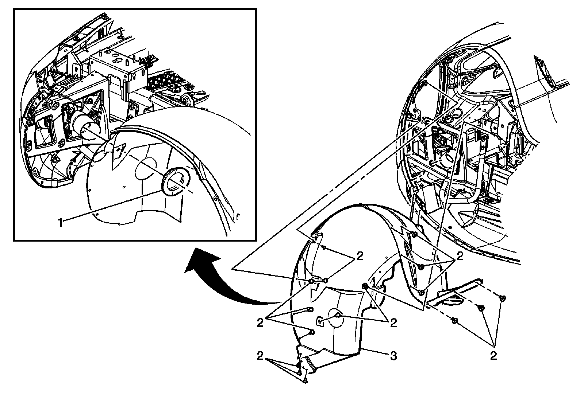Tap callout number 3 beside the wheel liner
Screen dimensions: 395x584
click(x=393, y=355)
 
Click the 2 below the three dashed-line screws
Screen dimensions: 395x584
click(x=493, y=355)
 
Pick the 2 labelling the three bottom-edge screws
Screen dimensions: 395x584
click(x=260, y=355)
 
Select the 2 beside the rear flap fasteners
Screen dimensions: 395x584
click(x=460, y=256)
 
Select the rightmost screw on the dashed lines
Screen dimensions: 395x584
click(x=503, y=298)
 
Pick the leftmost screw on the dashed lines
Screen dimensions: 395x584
click(x=454, y=321)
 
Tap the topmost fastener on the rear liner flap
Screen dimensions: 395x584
click(x=413, y=234)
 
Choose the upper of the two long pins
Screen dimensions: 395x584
click(x=310, y=309)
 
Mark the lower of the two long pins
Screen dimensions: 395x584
click(x=311, y=332)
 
